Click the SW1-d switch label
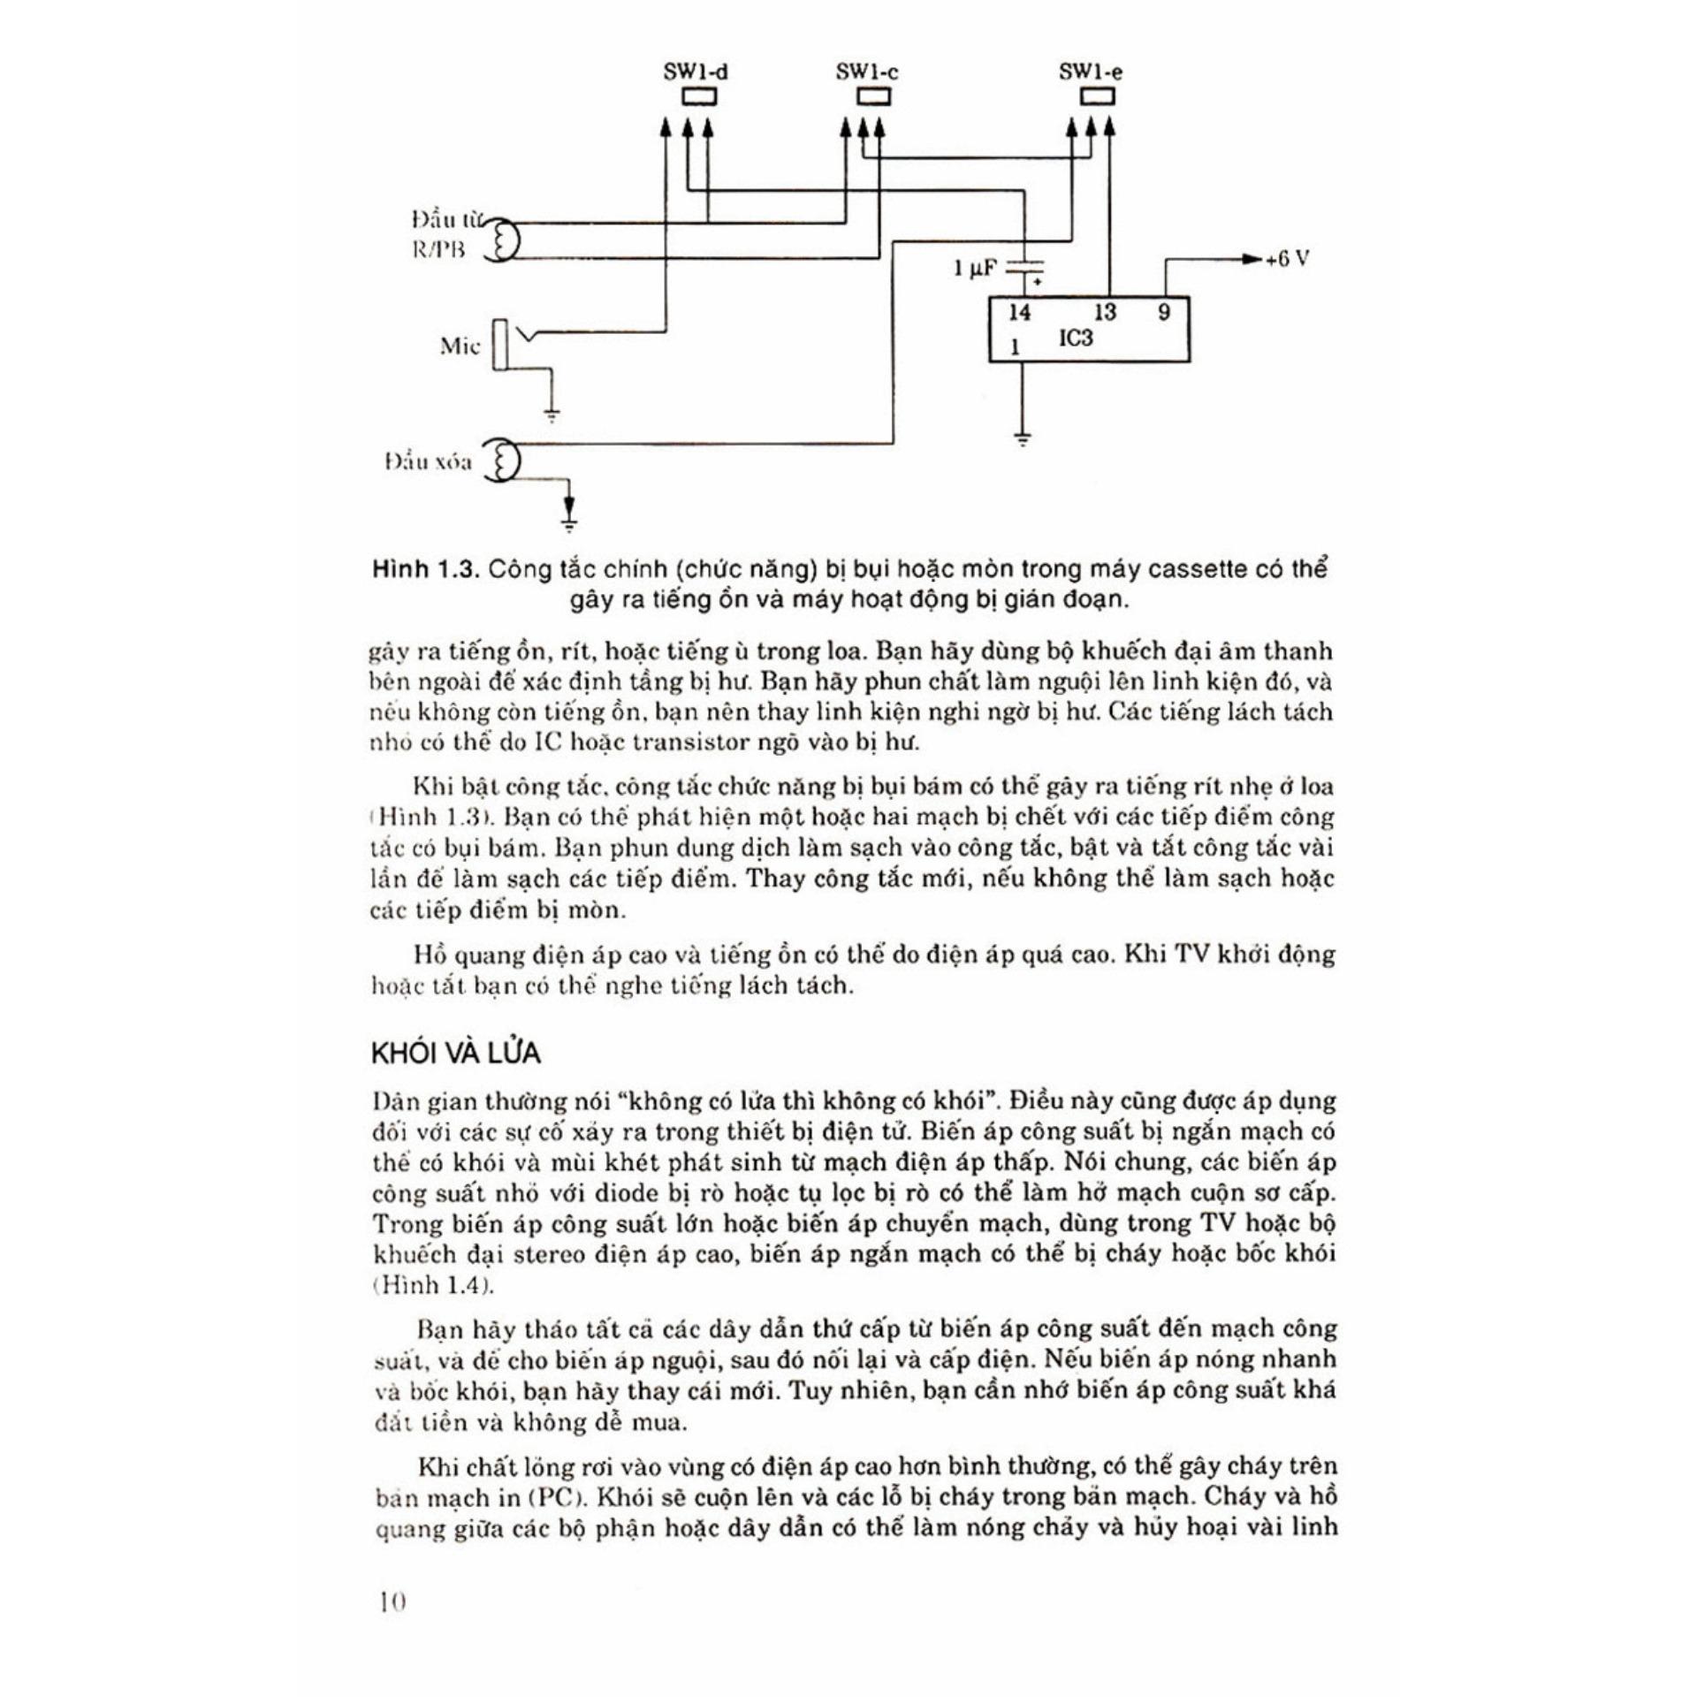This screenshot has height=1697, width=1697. [696, 72]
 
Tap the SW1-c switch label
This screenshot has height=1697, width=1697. [867, 72]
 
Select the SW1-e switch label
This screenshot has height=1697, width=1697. [1091, 72]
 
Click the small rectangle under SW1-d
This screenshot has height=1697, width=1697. [698, 96]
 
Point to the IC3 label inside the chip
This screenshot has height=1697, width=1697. [1076, 339]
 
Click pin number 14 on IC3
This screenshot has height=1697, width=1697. [1019, 313]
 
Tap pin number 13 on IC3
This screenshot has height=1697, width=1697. [1105, 313]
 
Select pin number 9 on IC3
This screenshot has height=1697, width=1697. [1163, 313]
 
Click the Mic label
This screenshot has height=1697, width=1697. [460, 346]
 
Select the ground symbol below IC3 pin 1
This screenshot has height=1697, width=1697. [1023, 438]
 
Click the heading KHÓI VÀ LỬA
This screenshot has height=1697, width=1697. [456, 1054]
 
